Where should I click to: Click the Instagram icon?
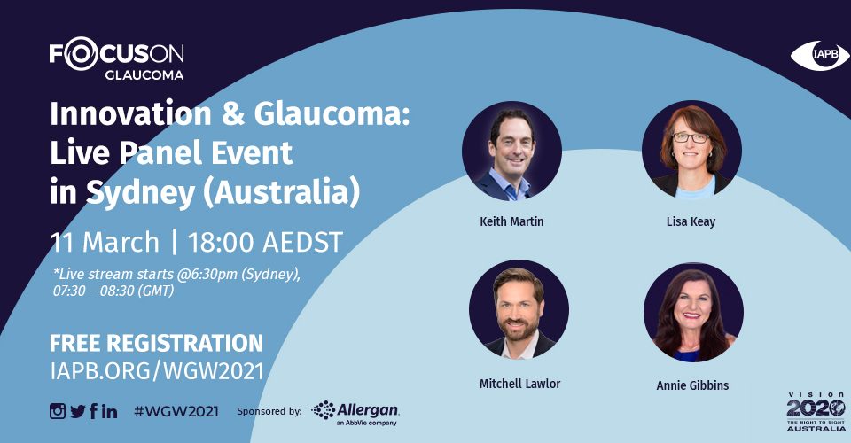pyautogui.click(x=58, y=412)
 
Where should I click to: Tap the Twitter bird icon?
pyautogui.click(x=78, y=412)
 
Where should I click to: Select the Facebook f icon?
pyautogui.click(x=93, y=411)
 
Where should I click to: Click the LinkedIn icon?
pyautogui.click(x=109, y=412)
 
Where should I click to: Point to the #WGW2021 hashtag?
pyautogui.click(x=176, y=412)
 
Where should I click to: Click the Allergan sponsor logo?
pyautogui.click(x=355, y=413)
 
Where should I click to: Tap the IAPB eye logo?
pyautogui.click(x=820, y=55)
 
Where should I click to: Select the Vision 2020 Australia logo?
pyautogui.click(x=816, y=412)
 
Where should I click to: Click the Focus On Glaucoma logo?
pyautogui.click(x=117, y=58)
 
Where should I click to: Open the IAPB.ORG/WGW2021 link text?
pyautogui.click(x=157, y=371)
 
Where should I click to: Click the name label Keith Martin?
pyautogui.click(x=511, y=221)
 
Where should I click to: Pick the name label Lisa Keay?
pyautogui.click(x=691, y=221)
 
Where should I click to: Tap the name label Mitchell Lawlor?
pyautogui.click(x=520, y=384)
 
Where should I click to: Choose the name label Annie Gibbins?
pyautogui.click(x=692, y=385)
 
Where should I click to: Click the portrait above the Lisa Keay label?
pyautogui.click(x=691, y=151)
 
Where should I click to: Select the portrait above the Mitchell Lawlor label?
pyautogui.click(x=519, y=309)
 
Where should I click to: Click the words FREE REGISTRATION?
pyautogui.click(x=156, y=343)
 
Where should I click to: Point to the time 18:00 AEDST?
pyautogui.click(x=265, y=243)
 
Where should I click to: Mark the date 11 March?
pyautogui.click(x=105, y=243)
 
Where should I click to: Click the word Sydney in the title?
pyautogui.click(x=140, y=192)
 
